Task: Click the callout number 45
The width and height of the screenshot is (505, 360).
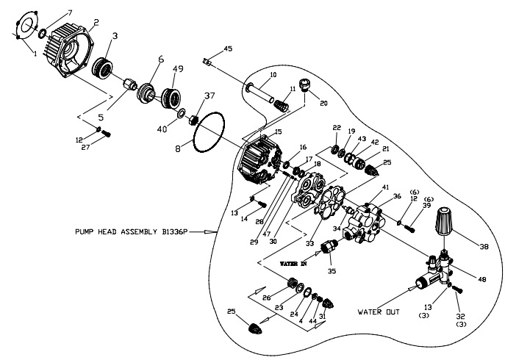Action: pyautogui.click(x=228, y=49)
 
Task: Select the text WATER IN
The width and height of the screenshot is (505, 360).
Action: pyautogui.click(x=294, y=262)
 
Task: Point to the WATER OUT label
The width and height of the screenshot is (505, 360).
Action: pyautogui.click(x=379, y=312)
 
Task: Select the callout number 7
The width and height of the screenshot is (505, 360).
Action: pyautogui.click(x=70, y=13)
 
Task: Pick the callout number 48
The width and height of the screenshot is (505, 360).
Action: pyautogui.click(x=483, y=278)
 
